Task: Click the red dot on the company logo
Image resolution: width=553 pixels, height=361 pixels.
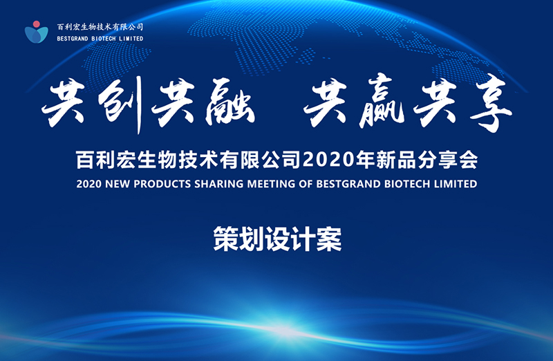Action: click(x=36, y=24)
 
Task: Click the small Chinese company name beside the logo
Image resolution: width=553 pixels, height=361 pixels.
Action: click(x=100, y=27)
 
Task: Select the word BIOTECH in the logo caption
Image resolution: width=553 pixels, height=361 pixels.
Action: click(x=103, y=39)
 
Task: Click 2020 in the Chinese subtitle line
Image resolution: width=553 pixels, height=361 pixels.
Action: click(x=328, y=160)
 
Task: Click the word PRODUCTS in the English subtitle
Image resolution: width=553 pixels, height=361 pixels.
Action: click(x=162, y=184)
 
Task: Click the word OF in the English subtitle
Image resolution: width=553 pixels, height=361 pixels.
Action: click(x=306, y=184)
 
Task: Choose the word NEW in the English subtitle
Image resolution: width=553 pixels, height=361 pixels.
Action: click(x=118, y=184)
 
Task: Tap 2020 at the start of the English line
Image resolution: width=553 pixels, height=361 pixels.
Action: click(x=89, y=184)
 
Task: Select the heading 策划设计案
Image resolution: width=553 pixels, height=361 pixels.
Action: click(x=277, y=239)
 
